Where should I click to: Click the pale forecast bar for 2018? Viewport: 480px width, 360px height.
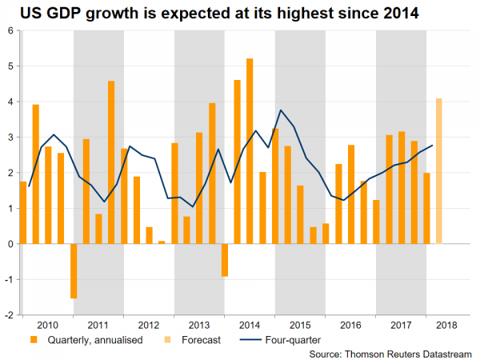[438, 171]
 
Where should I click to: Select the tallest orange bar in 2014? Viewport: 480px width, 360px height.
[250, 151]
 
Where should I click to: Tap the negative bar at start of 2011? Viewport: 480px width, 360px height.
[74, 270]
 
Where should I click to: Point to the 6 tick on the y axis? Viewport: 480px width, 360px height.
[10, 31]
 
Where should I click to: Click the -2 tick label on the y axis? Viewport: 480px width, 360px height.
[9, 315]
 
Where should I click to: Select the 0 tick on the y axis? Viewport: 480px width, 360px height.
[10, 244]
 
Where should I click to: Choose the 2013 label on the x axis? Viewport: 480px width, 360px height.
[199, 326]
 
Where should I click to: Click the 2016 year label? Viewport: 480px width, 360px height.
[350, 326]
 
